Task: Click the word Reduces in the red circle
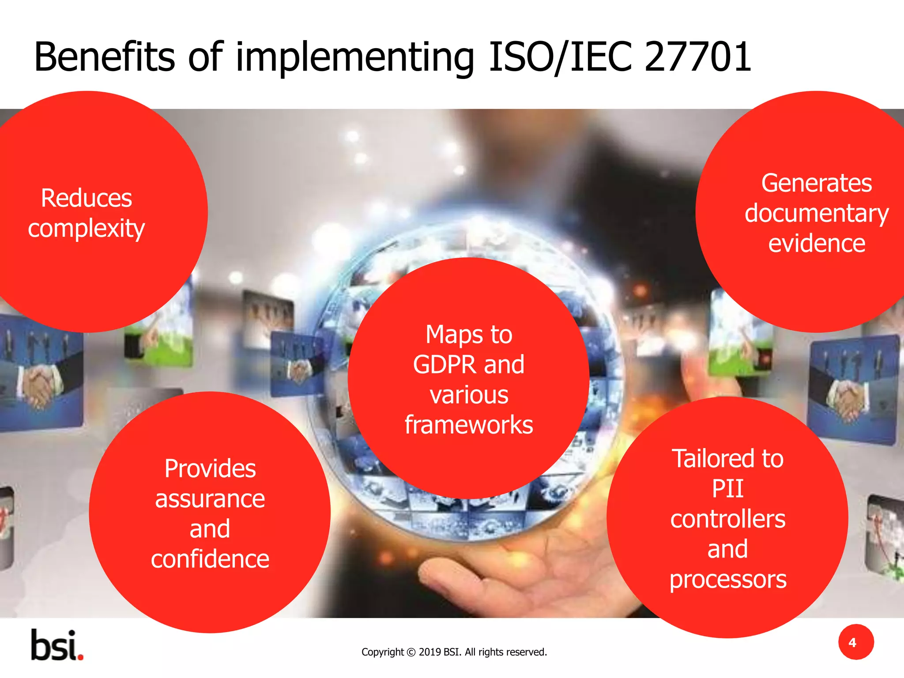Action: (x=87, y=198)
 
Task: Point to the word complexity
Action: (x=87, y=229)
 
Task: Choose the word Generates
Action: (x=817, y=183)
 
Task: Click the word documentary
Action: (x=817, y=214)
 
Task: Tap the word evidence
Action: (x=817, y=244)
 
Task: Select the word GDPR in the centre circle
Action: (x=444, y=365)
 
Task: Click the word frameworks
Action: (x=469, y=425)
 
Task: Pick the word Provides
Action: (x=210, y=469)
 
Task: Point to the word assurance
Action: (x=210, y=499)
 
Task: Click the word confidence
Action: (x=210, y=559)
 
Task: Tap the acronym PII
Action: (x=727, y=489)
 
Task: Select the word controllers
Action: (x=727, y=519)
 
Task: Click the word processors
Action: (x=727, y=580)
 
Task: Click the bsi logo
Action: (x=56, y=645)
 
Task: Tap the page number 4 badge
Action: (x=856, y=642)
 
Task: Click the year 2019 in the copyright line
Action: (x=429, y=652)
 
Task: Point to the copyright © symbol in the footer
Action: (x=411, y=652)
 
